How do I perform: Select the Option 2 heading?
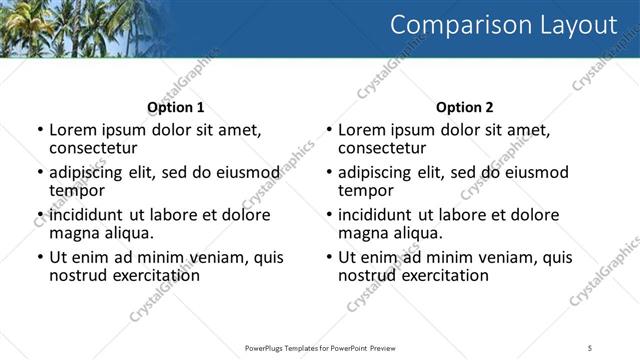tap(464, 107)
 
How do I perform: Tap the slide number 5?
tap(591, 347)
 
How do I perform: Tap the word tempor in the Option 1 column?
tap(77, 189)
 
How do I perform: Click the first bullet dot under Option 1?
tap(39, 130)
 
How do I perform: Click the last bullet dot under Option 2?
tap(328, 257)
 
